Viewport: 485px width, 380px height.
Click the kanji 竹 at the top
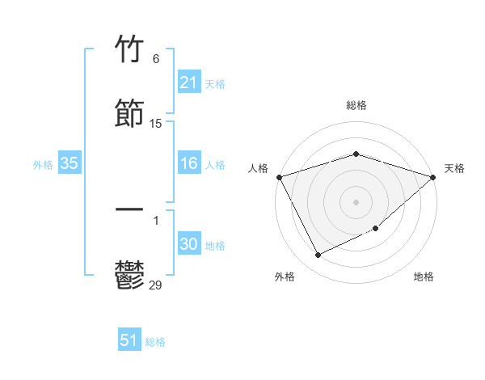pos(130,49)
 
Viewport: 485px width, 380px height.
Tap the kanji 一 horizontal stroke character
pos(130,209)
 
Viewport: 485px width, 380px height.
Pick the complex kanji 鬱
pos(130,274)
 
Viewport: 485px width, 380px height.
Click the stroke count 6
pos(156,59)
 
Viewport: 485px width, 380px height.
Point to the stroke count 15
pos(156,124)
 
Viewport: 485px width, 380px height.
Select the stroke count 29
pos(156,284)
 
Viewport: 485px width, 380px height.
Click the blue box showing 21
pos(188,82)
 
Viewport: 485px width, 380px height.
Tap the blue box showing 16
pos(188,163)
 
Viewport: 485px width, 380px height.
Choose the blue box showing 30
pos(188,244)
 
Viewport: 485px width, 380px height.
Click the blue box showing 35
pos(69,163)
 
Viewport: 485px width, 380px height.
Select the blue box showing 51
pos(129,340)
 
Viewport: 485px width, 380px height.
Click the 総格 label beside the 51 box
pos(155,342)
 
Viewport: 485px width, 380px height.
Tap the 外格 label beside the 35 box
pos(43,165)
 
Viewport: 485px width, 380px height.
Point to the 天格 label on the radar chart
pos(454,168)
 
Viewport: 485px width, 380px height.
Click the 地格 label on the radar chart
pos(424,277)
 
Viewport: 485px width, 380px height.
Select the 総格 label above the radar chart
pos(356,105)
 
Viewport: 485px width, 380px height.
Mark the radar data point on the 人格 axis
pos(279,177)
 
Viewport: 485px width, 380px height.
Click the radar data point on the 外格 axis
pos(318,255)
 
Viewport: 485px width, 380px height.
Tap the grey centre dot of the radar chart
pos(356,201)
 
